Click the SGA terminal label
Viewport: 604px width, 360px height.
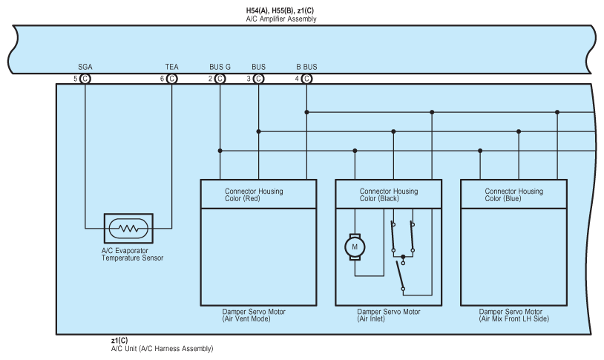[85, 67]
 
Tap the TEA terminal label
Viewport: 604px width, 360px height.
[172, 67]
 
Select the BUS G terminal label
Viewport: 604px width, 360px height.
[220, 67]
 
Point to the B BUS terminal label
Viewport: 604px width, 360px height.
[306, 67]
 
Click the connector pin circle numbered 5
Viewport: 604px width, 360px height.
[85, 79]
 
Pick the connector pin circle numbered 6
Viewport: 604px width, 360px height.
[172, 79]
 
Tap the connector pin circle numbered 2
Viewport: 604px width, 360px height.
[220, 79]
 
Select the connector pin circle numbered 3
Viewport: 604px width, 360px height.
[258, 79]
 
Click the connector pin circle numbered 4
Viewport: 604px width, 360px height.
[306, 79]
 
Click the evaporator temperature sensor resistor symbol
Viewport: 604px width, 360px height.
[128, 229]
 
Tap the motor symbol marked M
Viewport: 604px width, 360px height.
[355, 246]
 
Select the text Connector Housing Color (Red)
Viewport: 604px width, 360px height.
[254, 194]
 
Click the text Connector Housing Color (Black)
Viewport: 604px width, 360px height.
[389, 194]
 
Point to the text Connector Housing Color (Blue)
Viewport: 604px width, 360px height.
[514, 194]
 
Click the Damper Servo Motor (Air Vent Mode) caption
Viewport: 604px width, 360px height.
[254, 315]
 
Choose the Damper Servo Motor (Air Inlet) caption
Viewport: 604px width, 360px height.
[389, 315]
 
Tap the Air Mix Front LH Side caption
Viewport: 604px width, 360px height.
[514, 318]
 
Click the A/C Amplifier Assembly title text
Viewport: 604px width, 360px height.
[281, 19]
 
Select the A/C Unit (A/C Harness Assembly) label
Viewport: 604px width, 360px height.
[163, 348]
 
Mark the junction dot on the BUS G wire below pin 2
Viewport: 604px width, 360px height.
[220, 151]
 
